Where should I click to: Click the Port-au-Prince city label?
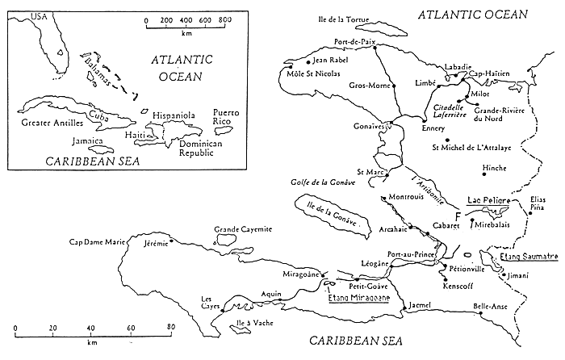click(412, 253)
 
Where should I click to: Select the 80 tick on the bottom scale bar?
click(170, 327)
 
